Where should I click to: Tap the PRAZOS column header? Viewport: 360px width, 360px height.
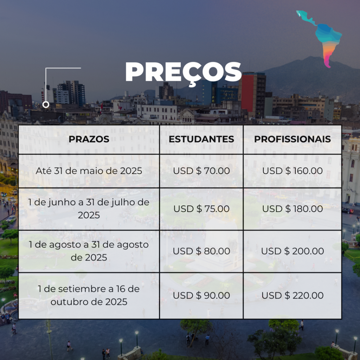coord(89,139)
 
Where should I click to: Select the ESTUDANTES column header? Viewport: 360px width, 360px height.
coord(201,139)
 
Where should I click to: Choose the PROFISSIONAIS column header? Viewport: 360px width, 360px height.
coord(292,139)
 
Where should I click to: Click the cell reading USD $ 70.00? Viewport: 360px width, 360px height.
coord(201,171)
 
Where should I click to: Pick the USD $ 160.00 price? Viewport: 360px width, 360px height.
coord(292,171)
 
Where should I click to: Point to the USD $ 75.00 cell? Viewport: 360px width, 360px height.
coord(201,209)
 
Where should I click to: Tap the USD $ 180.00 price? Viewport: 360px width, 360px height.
coord(292,209)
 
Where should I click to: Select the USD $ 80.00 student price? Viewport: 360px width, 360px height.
coord(201,251)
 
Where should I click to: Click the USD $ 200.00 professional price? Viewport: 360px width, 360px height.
coord(292,251)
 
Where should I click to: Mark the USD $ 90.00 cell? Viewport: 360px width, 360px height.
coord(201,295)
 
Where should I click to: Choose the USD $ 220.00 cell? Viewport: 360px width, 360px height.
coord(292,295)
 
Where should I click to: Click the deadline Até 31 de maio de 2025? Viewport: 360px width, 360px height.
coord(89,171)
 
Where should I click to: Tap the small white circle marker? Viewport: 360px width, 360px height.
coord(46,105)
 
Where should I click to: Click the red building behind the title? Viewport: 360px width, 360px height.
coord(247,93)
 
